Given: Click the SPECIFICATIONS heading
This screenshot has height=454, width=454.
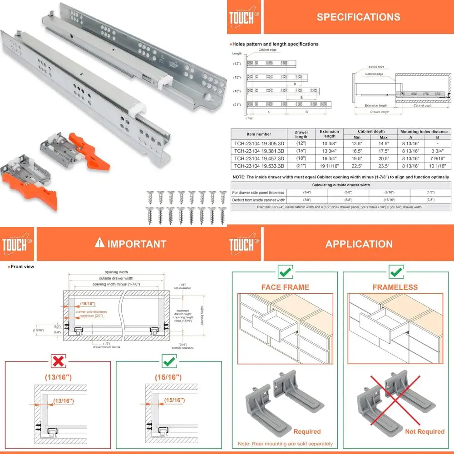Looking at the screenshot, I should pyautogui.click(x=358, y=17).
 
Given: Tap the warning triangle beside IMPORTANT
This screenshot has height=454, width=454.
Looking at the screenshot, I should pyautogui.click(x=99, y=243).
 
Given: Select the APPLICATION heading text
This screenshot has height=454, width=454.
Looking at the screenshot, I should pyautogui.click(x=359, y=244).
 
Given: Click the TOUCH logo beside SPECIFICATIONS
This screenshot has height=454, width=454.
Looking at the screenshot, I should pyautogui.click(x=243, y=18).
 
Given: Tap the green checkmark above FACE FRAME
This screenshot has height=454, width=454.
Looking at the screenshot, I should pyautogui.click(x=285, y=272).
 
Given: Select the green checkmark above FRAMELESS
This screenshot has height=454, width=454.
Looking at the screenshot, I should pyautogui.click(x=395, y=272).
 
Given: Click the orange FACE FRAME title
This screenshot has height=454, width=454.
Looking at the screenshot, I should pyautogui.click(x=285, y=287).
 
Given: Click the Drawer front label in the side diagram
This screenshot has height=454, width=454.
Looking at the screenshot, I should pyautogui.click(x=375, y=67).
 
